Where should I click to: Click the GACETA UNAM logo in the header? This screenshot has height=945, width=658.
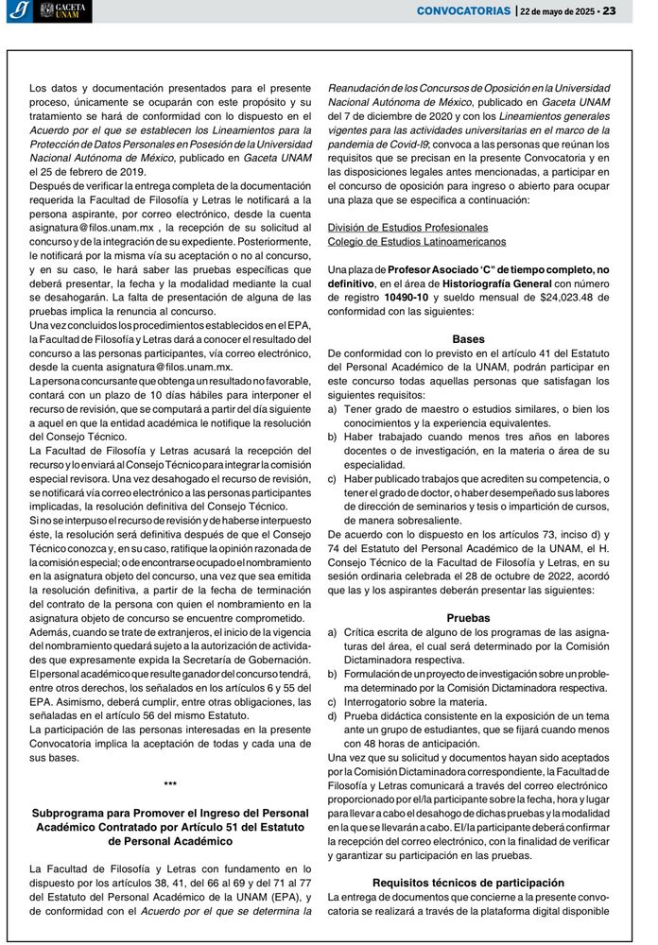coord(64,11)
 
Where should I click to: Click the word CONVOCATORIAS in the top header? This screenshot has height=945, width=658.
coord(463,11)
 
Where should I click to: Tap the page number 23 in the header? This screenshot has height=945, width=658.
coord(609,11)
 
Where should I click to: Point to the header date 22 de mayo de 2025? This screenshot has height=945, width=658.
coord(558,11)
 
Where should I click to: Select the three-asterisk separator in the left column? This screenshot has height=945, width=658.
coord(170,784)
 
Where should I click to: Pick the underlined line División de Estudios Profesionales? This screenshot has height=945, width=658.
coord(407,228)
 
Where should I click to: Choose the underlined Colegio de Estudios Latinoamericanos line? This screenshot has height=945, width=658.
coord(416,242)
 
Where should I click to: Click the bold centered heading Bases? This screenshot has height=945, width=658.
coord(468,338)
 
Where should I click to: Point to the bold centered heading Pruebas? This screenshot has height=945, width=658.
coord(468,617)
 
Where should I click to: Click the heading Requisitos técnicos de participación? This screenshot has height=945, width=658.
coord(468,882)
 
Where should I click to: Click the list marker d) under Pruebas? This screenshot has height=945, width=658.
coord(332,715)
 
